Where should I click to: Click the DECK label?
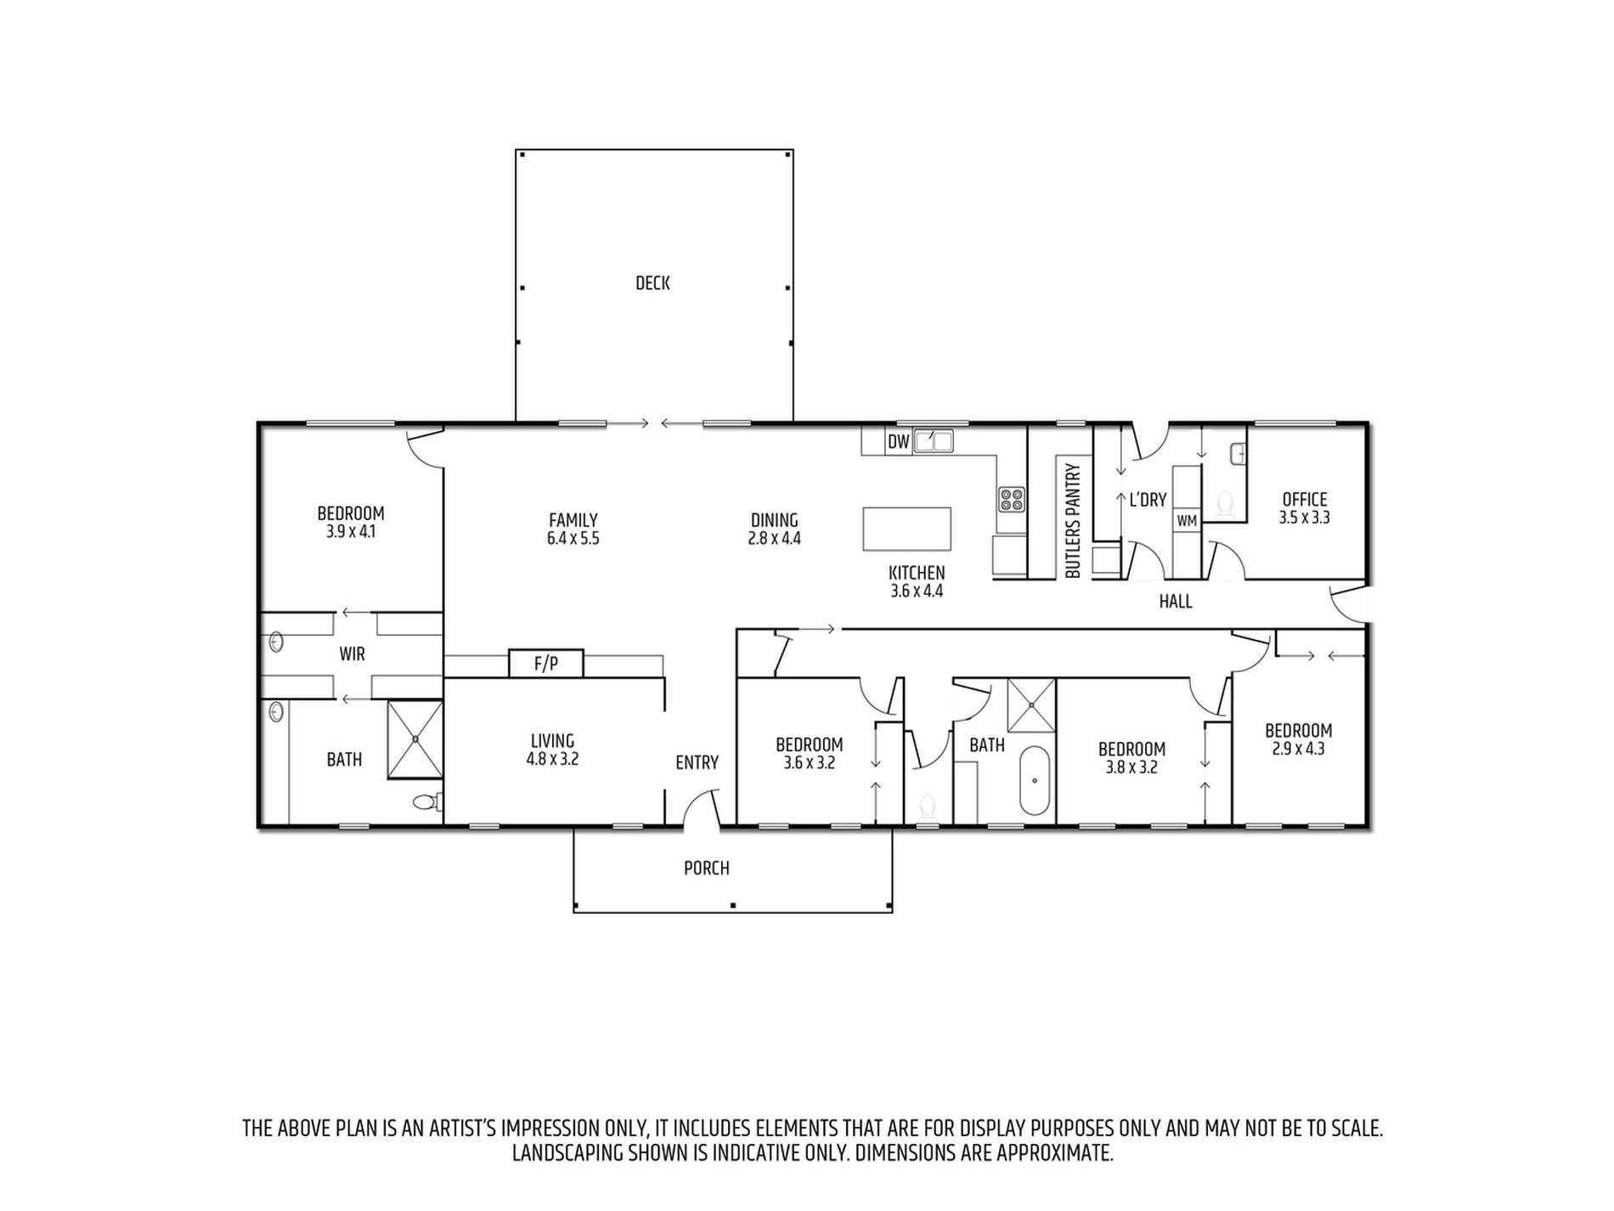click(652, 283)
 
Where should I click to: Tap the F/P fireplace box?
click(546, 664)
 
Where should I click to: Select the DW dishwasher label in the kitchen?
click(899, 442)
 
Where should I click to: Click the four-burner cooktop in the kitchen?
click(1011, 499)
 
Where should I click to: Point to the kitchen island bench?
click(907, 529)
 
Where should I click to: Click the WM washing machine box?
click(1187, 520)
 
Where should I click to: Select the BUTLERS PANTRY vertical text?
click(1072, 521)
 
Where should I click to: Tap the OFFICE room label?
click(1304, 499)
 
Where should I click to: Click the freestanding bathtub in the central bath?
click(1033, 780)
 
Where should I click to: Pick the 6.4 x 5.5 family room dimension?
click(573, 538)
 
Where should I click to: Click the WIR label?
click(353, 654)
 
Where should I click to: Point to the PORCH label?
click(707, 868)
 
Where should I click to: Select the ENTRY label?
click(697, 763)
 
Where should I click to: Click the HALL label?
click(1176, 602)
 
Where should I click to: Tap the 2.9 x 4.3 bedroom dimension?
click(1298, 749)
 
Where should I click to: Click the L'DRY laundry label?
click(1148, 500)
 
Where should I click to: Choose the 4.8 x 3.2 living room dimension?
click(552, 759)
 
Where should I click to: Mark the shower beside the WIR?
click(415, 738)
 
